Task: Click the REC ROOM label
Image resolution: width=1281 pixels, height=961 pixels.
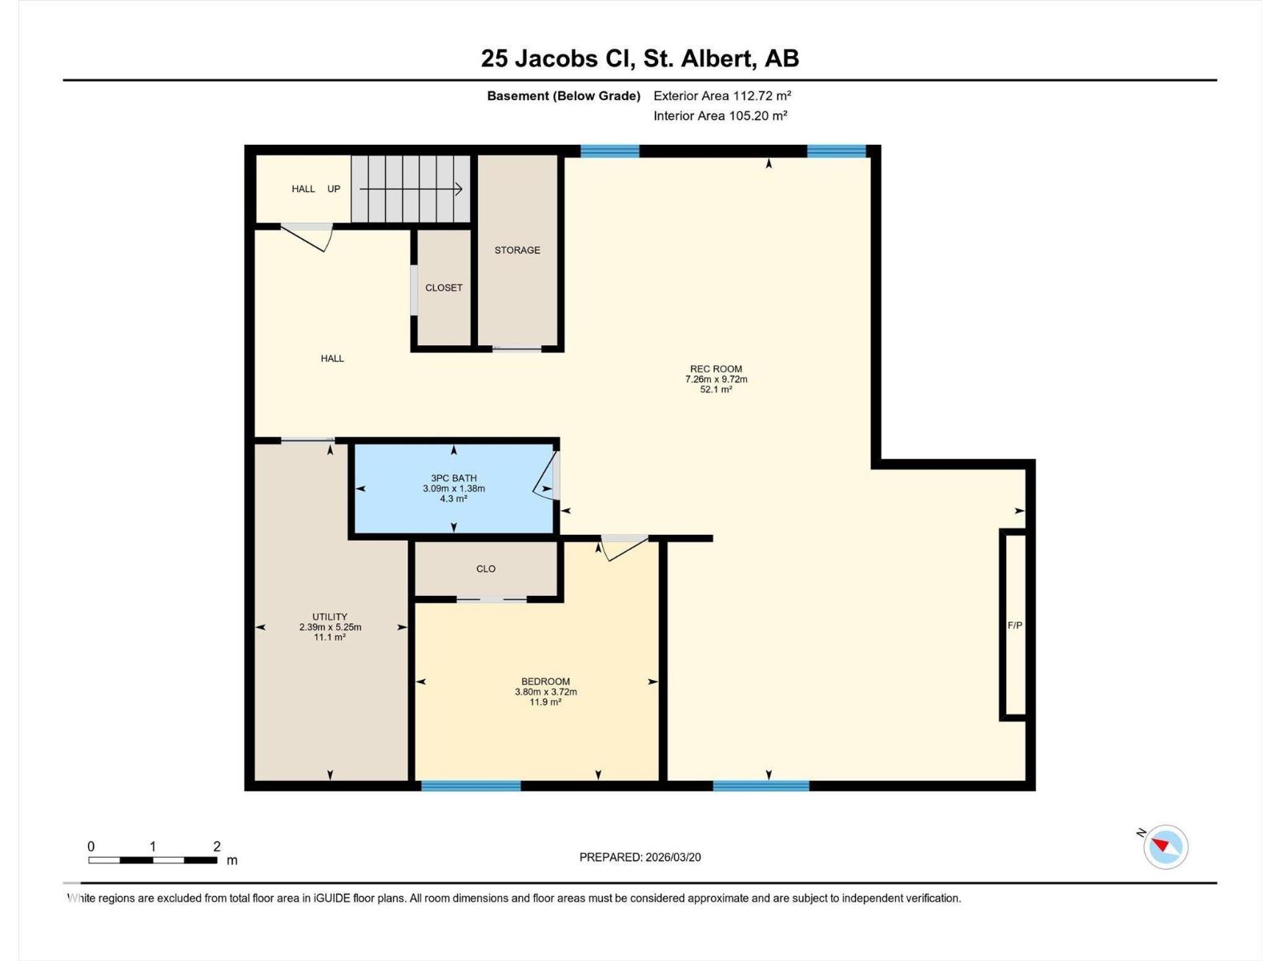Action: click(x=716, y=369)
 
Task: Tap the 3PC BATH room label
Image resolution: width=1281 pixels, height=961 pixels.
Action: click(x=454, y=478)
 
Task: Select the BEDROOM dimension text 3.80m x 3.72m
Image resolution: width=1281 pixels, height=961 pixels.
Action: click(x=545, y=692)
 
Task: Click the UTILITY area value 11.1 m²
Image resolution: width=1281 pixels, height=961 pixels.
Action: click(x=330, y=637)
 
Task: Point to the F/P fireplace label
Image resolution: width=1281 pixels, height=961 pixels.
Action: click(x=1014, y=625)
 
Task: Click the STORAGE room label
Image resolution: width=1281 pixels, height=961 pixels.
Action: click(x=517, y=250)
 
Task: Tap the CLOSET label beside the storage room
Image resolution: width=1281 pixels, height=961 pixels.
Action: click(x=444, y=287)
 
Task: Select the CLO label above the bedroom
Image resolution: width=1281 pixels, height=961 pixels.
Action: click(x=486, y=569)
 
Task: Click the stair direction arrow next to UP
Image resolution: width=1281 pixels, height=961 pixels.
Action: click(x=411, y=189)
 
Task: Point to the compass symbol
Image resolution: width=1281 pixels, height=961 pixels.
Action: click(x=1166, y=846)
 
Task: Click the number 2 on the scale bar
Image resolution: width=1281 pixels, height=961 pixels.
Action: click(x=217, y=846)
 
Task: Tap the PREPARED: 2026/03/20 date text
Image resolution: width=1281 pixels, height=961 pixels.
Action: click(x=640, y=857)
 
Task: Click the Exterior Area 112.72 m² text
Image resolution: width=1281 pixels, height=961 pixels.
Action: click(x=722, y=95)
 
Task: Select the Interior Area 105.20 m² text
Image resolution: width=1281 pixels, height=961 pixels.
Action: click(x=720, y=115)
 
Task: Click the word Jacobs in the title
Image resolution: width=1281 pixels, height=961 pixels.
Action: click(x=555, y=58)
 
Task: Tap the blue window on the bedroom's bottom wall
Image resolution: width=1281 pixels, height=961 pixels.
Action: click(x=471, y=786)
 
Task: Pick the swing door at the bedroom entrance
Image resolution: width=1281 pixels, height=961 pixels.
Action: click(x=623, y=548)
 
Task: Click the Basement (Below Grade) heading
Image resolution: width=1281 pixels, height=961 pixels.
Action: click(x=564, y=95)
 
